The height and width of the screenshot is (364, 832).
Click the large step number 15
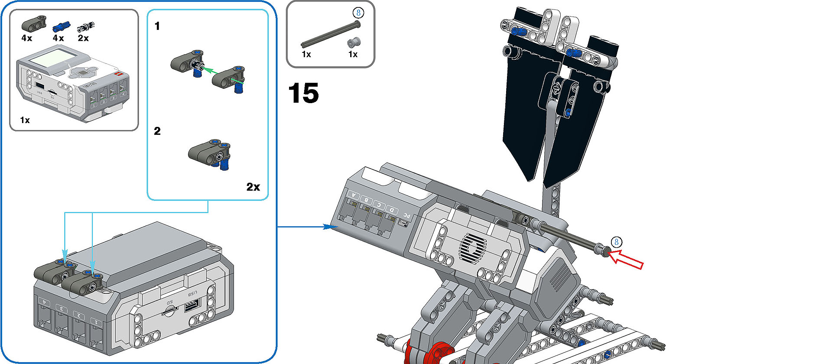[303, 93]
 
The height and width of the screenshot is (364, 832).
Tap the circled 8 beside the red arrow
[616, 242]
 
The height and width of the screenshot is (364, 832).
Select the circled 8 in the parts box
[358, 13]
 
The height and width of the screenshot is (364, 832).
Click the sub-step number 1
[157, 26]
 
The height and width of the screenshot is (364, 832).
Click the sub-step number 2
[157, 131]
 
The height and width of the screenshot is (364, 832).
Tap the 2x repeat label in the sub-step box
[253, 187]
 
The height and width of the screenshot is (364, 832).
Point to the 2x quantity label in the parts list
[83, 38]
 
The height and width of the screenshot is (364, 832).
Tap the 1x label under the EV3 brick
[25, 120]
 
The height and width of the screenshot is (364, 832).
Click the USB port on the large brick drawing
[191, 306]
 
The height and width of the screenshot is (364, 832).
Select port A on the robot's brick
[354, 196]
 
